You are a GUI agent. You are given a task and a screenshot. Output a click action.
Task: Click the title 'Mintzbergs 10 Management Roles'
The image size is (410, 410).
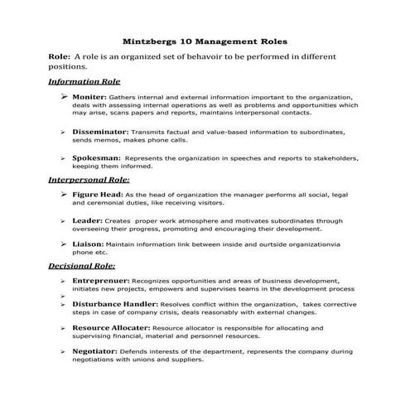click(205, 39)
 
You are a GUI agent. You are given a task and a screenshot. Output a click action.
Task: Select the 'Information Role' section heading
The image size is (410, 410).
click(84, 82)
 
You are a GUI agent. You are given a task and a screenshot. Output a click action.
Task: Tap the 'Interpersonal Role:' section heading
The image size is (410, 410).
click(89, 178)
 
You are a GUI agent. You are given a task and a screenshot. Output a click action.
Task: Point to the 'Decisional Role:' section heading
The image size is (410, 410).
click(82, 266)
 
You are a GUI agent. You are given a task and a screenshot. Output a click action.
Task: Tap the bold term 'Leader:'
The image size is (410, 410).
click(88, 221)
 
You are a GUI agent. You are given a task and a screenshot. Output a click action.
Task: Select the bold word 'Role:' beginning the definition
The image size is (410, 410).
click(60, 56)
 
